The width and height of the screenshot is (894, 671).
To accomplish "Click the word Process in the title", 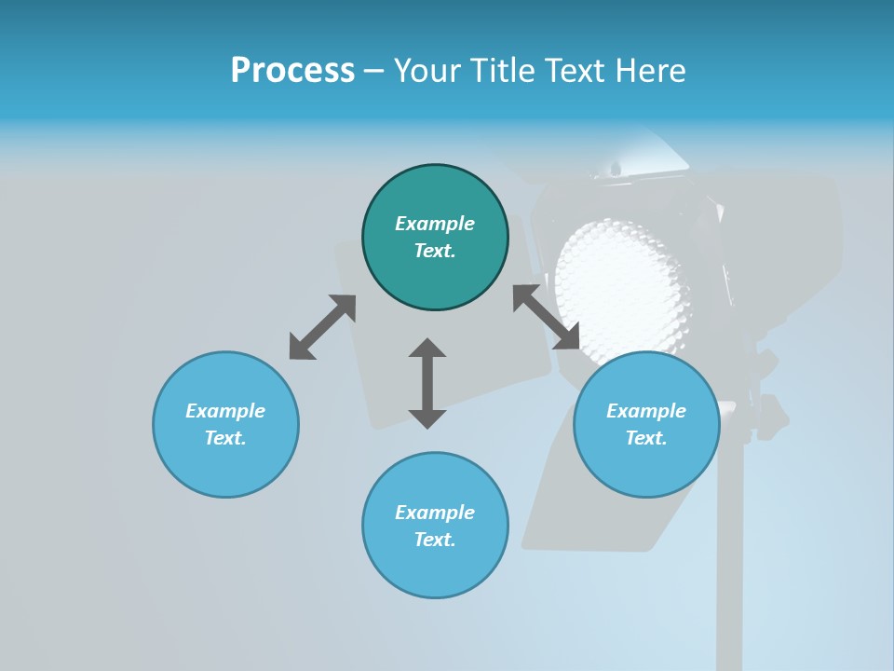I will point(292,71).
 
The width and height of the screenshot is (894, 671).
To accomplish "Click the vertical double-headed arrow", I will point(427,384).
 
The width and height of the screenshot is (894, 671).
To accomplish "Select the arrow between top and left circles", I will point(322,327).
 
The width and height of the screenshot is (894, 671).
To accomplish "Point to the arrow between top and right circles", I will point(547,318).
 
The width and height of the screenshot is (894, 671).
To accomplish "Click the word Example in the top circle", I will point(435,224).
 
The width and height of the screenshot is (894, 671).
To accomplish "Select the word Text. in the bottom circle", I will point(435,540).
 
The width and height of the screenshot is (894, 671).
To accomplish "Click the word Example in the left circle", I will point(225,411).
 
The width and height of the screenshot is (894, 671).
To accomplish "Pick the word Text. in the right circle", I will point(646,438).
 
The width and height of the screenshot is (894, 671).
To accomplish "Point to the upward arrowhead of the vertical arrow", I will point(427,349).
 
